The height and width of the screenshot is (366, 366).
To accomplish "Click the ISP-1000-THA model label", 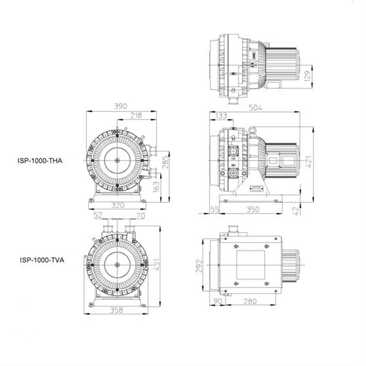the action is [x=40, y=161].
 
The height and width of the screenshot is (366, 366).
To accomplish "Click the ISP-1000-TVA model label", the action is [x=42, y=260].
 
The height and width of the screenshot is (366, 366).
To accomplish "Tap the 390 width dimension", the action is [x=121, y=106].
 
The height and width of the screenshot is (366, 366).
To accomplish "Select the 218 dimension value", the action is [x=136, y=116].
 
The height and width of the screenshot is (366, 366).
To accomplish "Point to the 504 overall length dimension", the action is [x=255, y=108].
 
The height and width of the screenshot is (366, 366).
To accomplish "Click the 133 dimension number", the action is [x=221, y=116].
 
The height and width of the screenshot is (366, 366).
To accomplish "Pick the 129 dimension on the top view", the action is [x=308, y=76].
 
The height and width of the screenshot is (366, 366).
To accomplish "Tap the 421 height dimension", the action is [x=309, y=162].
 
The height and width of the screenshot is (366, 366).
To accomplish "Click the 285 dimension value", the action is [x=165, y=162].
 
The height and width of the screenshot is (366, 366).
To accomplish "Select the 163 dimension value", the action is [x=156, y=187].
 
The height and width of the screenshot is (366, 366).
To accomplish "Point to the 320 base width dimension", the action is [x=118, y=205].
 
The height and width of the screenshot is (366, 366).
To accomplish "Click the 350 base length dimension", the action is [x=253, y=209].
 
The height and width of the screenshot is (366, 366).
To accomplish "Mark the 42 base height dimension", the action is [x=296, y=211].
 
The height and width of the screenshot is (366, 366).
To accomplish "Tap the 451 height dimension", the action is [x=156, y=264].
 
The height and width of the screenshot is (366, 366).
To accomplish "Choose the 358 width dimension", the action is [x=116, y=310].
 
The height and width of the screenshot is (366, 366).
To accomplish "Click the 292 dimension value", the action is [x=199, y=266].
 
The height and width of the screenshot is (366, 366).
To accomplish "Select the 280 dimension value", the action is [x=250, y=301].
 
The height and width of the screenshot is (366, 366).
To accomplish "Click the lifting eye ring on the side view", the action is [x=252, y=130].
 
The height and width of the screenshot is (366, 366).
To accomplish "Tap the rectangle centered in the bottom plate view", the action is [x=250, y=265].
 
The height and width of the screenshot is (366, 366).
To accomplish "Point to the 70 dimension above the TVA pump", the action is [x=141, y=215].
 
